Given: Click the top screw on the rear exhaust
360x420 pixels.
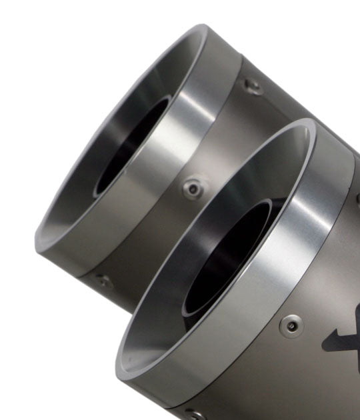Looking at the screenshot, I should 251,85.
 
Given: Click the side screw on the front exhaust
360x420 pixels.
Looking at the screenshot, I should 291,325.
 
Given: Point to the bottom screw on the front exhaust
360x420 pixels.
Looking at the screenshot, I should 194,413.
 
